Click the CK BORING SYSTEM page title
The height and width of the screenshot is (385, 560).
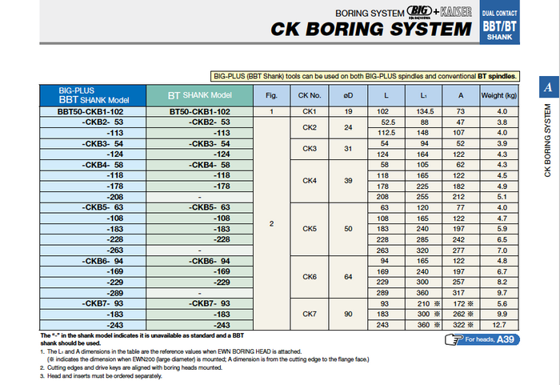(371, 30)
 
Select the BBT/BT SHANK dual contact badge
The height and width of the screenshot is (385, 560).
(499, 26)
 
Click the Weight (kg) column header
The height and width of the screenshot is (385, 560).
(502, 94)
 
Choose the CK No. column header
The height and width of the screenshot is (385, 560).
(310, 94)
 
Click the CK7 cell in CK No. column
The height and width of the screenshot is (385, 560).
(310, 314)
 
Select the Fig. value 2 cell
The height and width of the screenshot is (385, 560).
(271, 223)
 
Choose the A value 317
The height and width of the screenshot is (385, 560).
(460, 293)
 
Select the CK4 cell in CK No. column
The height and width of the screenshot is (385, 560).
(310, 181)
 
